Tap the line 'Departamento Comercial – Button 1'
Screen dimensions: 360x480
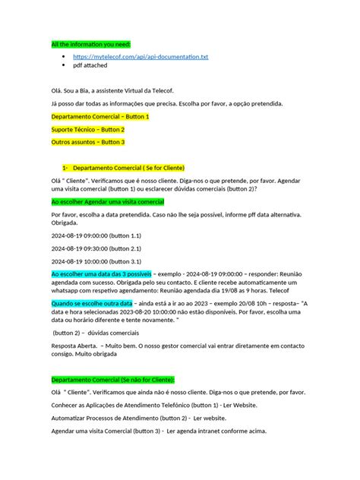(99, 117)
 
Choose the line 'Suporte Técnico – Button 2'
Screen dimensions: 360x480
(87, 129)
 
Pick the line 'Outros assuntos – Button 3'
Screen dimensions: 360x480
(87, 142)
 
